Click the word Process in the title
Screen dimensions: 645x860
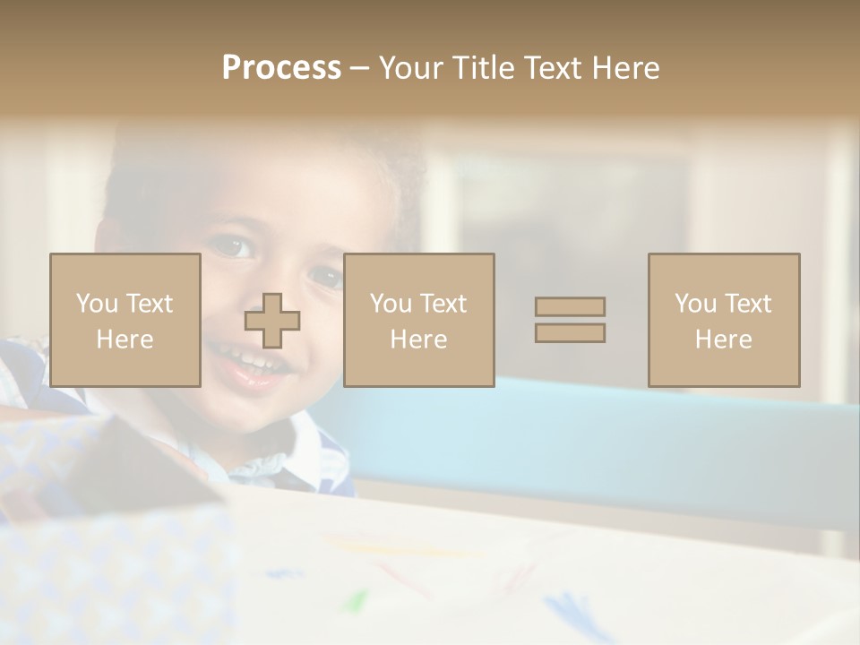point(281,68)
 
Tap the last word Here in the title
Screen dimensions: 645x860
point(623,68)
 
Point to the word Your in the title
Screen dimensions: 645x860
point(410,68)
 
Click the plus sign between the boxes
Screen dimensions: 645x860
point(272,321)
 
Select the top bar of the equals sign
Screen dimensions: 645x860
point(570,306)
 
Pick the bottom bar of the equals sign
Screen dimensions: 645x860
point(570,332)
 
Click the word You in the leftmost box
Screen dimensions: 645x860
point(97,304)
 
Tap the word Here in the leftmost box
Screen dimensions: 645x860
point(125,340)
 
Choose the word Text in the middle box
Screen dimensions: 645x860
point(443,304)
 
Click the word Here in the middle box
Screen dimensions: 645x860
point(418,340)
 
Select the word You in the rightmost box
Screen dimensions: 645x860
point(695,304)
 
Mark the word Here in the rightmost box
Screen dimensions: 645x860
point(723,340)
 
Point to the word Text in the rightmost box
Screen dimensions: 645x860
point(747,304)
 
